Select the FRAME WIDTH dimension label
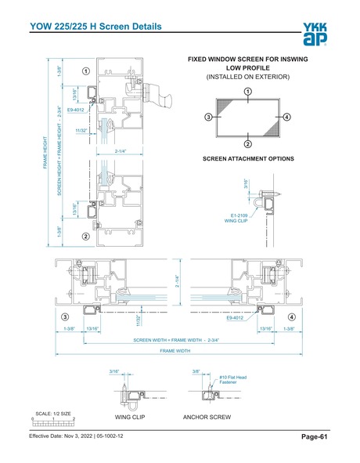point(175,351)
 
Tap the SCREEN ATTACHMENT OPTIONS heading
point(248,159)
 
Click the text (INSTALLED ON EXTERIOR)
point(247,77)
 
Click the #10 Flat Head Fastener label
point(232,381)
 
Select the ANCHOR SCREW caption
point(207,418)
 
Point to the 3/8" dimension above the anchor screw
point(196,372)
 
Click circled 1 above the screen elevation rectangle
point(247,92)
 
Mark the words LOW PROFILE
point(247,67)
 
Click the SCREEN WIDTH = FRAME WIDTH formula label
point(175,340)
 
